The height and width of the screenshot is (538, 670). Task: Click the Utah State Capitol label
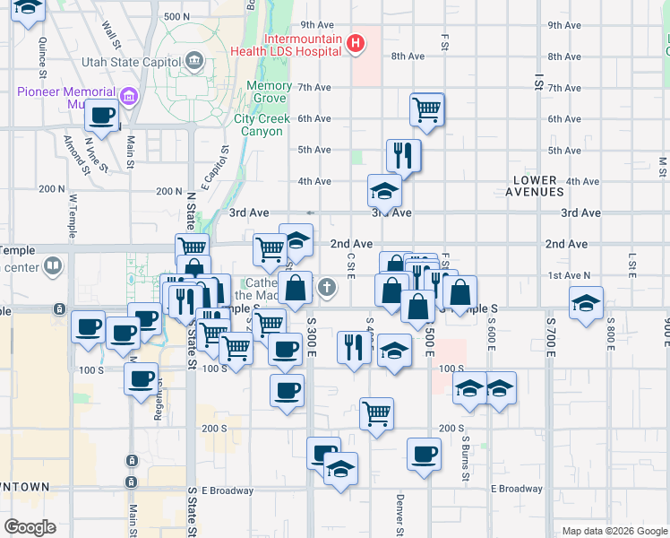(130, 62)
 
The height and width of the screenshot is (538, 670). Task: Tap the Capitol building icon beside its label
(194, 62)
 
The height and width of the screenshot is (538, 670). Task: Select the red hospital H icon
(356, 43)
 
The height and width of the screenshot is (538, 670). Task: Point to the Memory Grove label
(269, 92)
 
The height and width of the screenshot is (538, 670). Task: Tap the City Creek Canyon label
(259, 125)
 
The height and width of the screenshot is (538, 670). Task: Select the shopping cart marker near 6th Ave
(427, 110)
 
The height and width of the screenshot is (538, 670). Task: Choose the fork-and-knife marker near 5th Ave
(403, 155)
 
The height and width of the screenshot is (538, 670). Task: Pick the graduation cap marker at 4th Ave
(383, 190)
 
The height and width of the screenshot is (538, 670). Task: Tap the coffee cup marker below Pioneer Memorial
(103, 116)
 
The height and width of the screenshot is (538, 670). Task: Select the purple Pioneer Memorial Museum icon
(128, 95)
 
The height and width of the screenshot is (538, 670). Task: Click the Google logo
(29, 527)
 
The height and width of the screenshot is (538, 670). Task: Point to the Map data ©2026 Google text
(614, 531)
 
